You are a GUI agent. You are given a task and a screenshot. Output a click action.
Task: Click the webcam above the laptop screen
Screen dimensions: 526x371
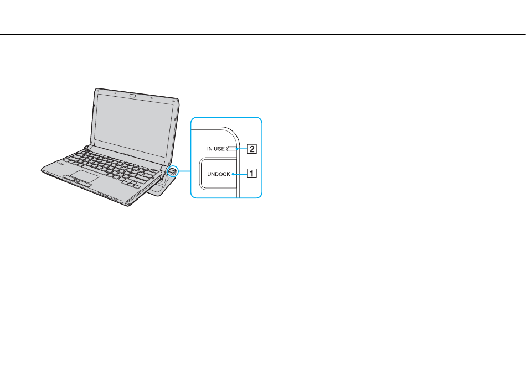[132, 96]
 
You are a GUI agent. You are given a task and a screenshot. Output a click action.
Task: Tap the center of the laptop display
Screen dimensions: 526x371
[134, 125]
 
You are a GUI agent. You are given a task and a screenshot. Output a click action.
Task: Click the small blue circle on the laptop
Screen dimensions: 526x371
[172, 171]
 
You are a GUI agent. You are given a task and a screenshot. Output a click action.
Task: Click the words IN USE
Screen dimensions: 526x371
[216, 149]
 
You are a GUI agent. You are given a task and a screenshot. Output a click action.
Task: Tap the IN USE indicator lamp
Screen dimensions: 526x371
[231, 149]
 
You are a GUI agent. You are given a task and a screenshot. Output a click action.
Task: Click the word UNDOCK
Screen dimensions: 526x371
[219, 174]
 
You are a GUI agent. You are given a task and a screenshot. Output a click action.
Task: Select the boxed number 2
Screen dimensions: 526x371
[252, 149]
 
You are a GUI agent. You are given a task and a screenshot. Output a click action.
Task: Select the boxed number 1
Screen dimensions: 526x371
[252, 174]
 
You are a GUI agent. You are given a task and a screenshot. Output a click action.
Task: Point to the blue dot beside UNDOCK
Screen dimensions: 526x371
[233, 174]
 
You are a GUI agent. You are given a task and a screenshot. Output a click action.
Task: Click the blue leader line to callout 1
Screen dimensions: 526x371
[240, 174]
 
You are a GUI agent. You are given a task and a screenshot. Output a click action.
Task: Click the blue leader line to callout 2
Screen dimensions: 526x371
[242, 149]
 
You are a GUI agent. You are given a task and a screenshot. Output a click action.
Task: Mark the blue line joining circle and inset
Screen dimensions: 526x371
[184, 171]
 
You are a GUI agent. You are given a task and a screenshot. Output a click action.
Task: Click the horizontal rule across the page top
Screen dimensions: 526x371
[263, 34]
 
